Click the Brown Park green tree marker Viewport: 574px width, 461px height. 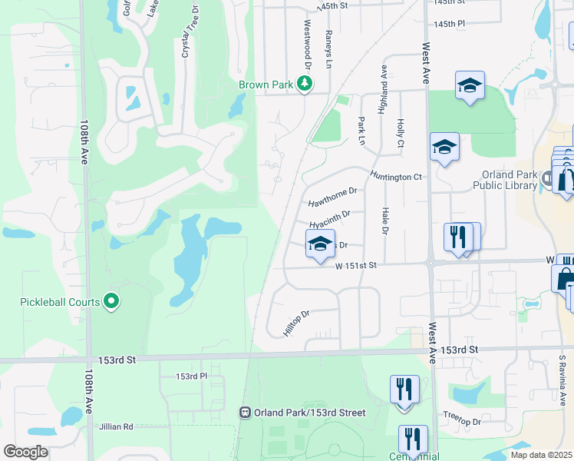point(305,83)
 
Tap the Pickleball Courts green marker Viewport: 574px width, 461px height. point(112,302)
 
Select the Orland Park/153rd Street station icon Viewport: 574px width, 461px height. point(246,413)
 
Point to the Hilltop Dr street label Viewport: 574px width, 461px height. point(295,321)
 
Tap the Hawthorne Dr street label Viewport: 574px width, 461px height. point(333,197)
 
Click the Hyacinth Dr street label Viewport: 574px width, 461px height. point(330,219)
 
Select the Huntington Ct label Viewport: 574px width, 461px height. point(396,177)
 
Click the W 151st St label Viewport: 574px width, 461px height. point(357,265)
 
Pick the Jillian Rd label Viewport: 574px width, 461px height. point(116,426)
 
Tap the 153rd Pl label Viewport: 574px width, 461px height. point(192,376)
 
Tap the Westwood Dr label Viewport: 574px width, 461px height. point(308,38)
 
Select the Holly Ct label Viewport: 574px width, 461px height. point(400,134)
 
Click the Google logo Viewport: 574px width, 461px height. point(25,452)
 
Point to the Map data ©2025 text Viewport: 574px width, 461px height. point(542,455)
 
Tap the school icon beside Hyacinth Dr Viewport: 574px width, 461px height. point(320,245)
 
